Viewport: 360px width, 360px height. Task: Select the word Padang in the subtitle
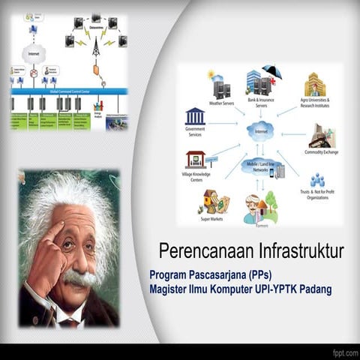click(313, 289)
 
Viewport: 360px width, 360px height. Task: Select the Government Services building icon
click(195, 117)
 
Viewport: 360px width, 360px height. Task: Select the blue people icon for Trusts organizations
click(317, 180)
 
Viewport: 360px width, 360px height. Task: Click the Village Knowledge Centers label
click(196, 177)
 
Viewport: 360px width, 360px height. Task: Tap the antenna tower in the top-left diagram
click(96, 47)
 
